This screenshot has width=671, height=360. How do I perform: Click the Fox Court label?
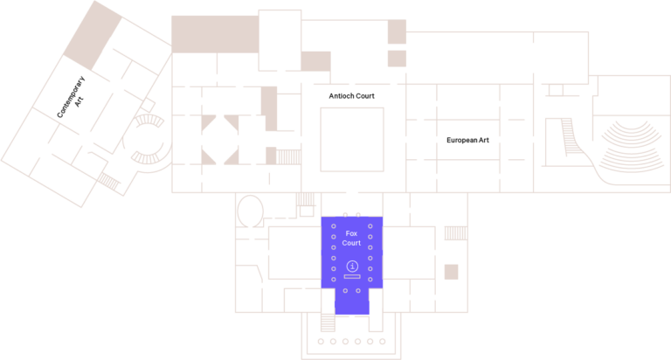click(x=351, y=238)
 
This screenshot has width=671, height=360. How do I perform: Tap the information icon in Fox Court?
click(x=352, y=266)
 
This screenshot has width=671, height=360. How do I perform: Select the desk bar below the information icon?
click(x=352, y=277)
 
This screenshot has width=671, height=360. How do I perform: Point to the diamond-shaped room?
click(x=219, y=139)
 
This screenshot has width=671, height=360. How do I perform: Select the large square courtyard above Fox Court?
click(x=352, y=139)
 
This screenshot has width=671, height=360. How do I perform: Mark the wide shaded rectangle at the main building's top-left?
click(x=215, y=33)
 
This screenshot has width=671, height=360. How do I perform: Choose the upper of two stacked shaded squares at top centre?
click(x=397, y=31)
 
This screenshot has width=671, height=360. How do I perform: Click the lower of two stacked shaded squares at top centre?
click(x=397, y=59)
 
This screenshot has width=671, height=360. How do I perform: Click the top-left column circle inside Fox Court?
click(x=334, y=226)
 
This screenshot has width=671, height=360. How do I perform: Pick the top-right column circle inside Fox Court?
click(x=370, y=226)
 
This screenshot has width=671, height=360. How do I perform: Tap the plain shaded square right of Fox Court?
click(x=451, y=272)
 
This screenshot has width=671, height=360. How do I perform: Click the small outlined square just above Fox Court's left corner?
click(x=306, y=211)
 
